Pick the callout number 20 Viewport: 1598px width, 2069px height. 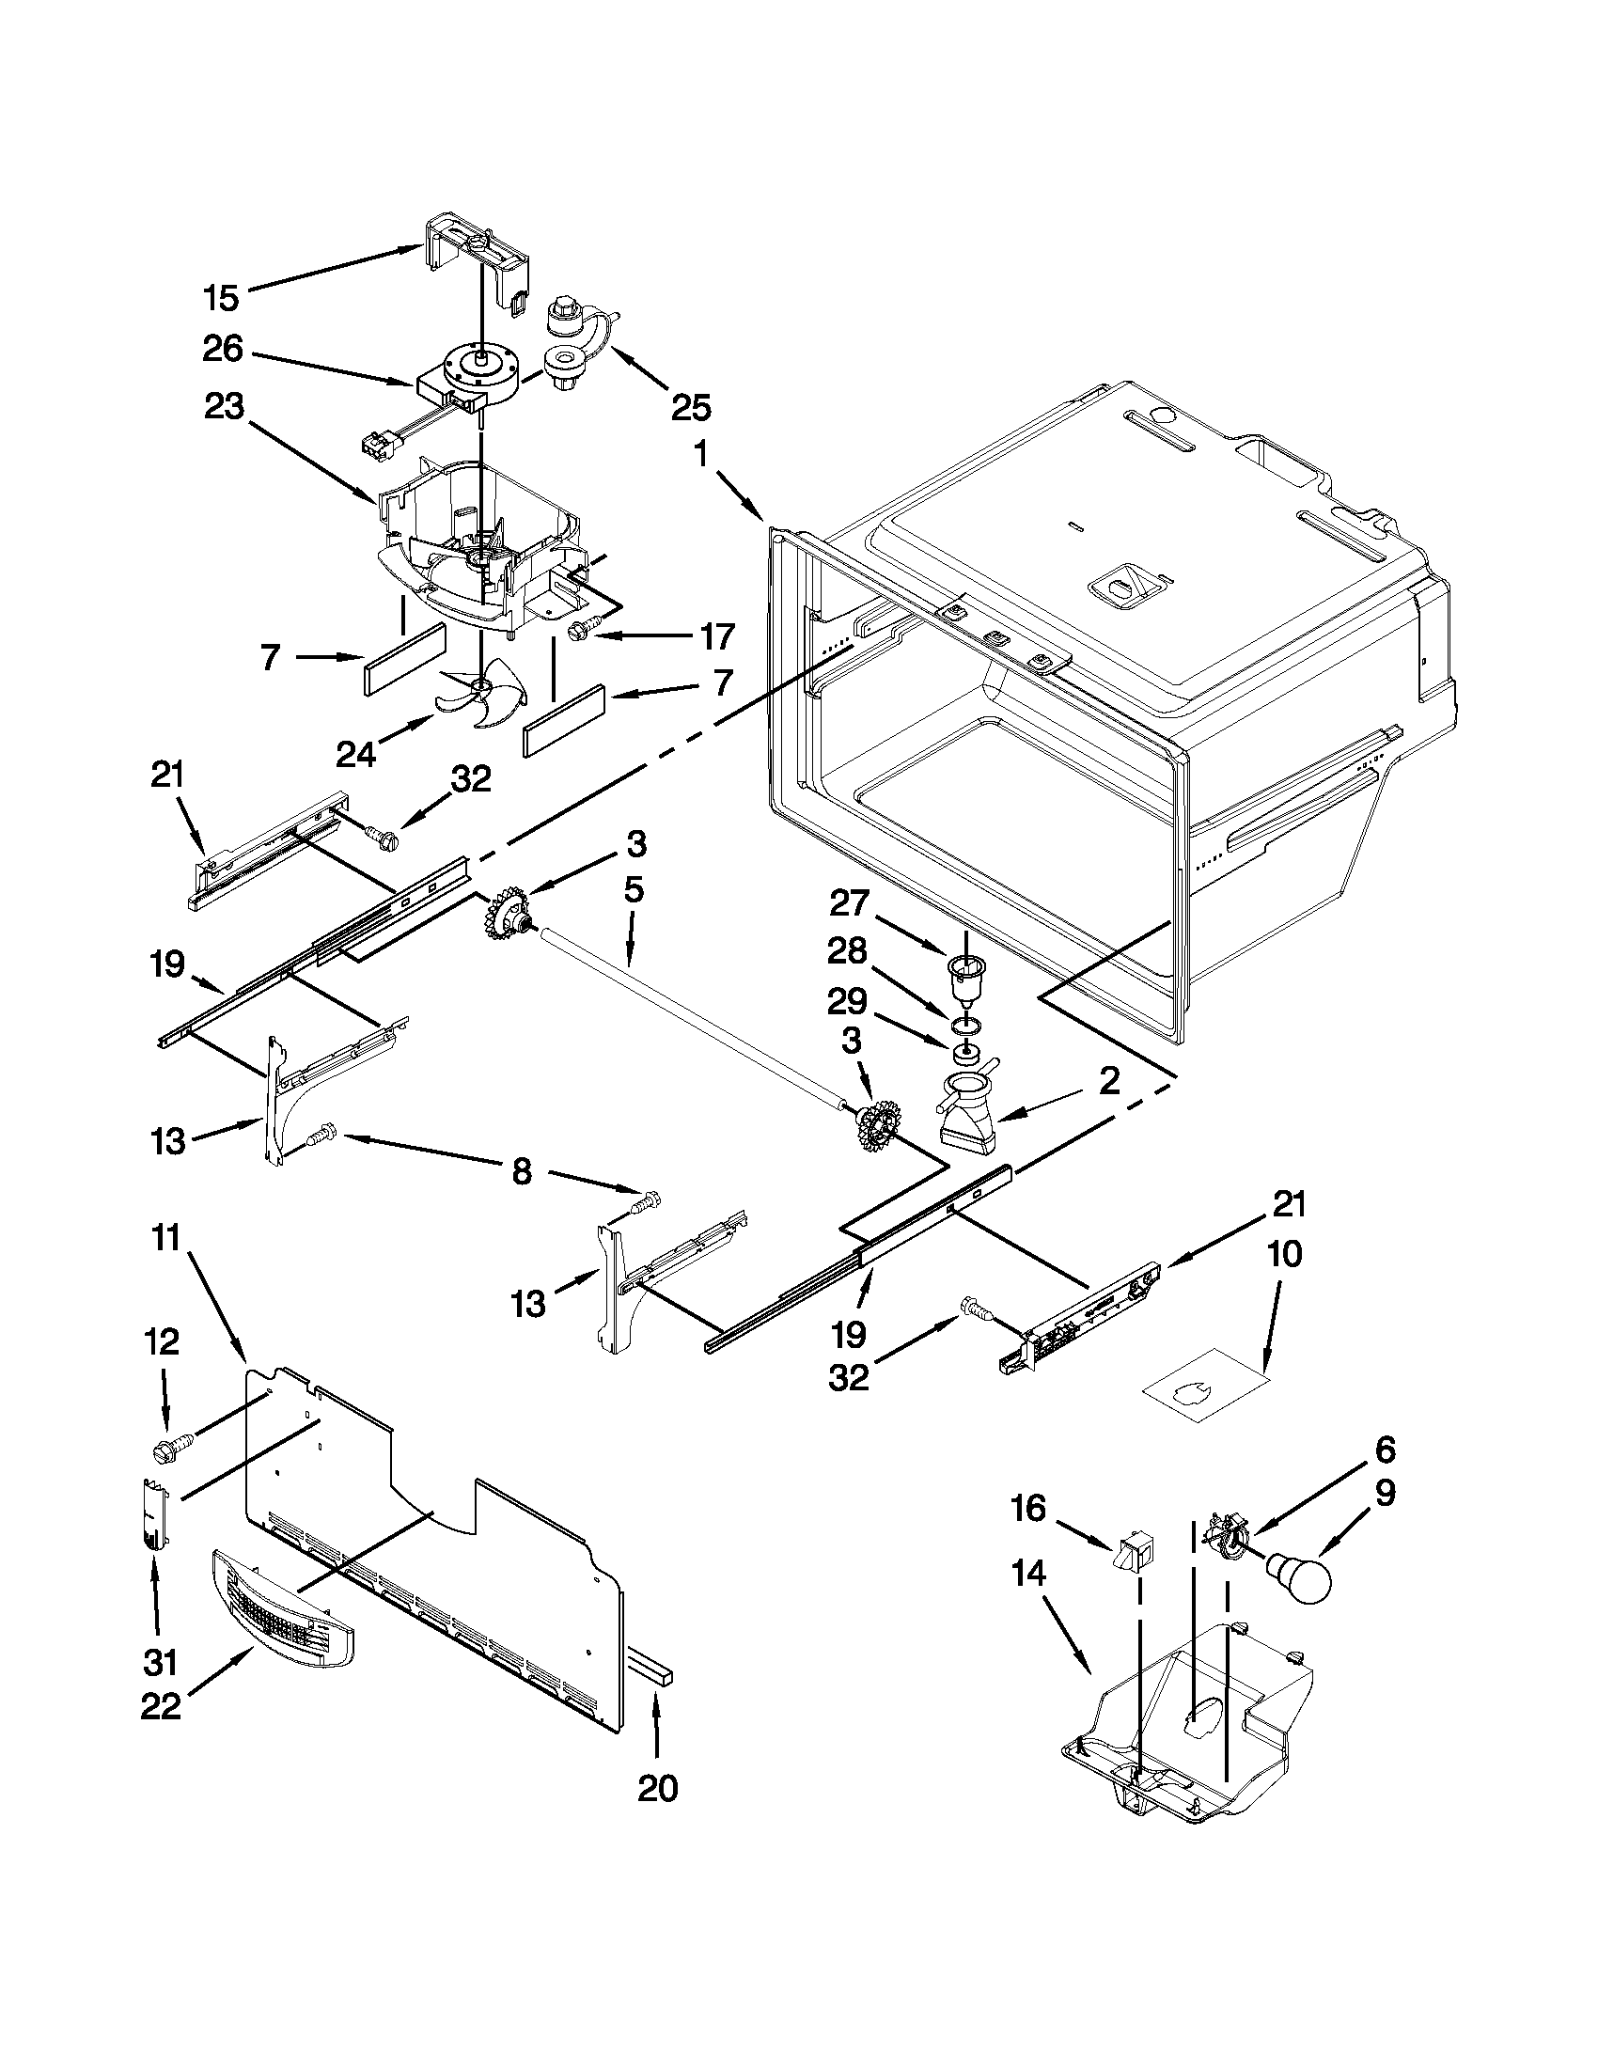(x=657, y=1789)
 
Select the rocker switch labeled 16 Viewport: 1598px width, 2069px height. (x=1133, y=1554)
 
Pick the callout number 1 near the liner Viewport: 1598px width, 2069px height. (x=701, y=455)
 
